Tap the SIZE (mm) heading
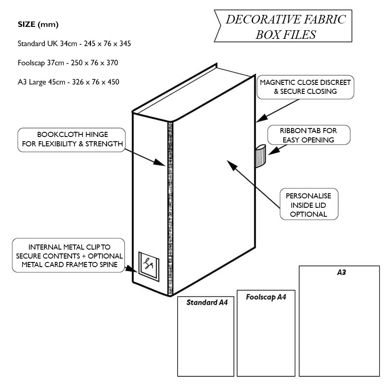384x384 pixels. coord(38,24)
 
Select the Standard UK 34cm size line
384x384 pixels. coord(74,44)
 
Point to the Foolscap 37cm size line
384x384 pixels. coord(68,63)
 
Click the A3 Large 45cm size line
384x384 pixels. coord(68,82)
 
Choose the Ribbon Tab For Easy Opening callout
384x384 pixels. coord(308,135)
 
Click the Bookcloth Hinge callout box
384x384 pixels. coord(72,140)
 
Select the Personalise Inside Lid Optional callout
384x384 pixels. coord(308,204)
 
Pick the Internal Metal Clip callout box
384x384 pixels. coord(69,256)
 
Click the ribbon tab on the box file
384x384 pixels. coord(260,156)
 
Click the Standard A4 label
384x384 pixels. coord(207,303)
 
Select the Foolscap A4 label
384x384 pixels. coord(265,297)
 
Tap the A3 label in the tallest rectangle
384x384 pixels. coord(341,273)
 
